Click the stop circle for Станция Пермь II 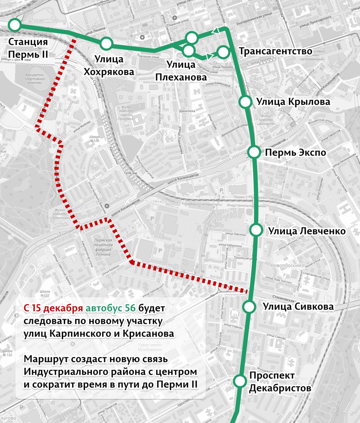(x=15, y=25)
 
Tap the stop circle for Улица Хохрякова (x=106, y=43)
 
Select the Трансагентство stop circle (x=223, y=52)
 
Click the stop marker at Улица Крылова (x=245, y=102)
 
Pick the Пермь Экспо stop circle (x=254, y=152)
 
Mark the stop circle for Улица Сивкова (x=249, y=307)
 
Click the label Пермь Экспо (x=296, y=153)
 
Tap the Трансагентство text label (x=275, y=52)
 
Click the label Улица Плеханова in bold (x=181, y=71)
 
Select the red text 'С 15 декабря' (x=53, y=308)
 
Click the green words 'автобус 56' (x=110, y=308)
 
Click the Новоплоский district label (x=285, y=265)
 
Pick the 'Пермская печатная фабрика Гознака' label (x=103, y=245)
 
